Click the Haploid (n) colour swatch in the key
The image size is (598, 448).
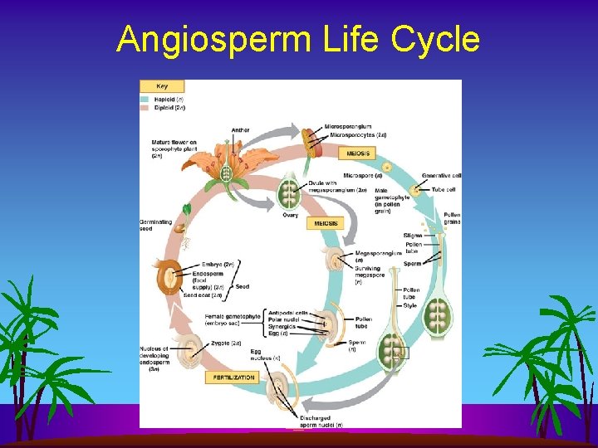click(x=145, y=100)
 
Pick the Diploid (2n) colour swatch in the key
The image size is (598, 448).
click(x=145, y=107)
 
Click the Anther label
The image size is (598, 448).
click(x=240, y=130)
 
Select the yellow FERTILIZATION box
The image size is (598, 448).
click(x=230, y=377)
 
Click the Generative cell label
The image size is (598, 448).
click(x=441, y=176)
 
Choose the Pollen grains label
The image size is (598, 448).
click(x=452, y=219)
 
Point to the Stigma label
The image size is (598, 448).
click(x=412, y=236)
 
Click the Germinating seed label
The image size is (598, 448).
click(x=157, y=226)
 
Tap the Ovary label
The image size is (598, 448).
click(x=289, y=215)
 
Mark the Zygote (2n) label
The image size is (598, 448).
click(x=224, y=343)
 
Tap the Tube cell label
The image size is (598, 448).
click(x=442, y=189)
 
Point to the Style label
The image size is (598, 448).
click(x=409, y=306)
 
